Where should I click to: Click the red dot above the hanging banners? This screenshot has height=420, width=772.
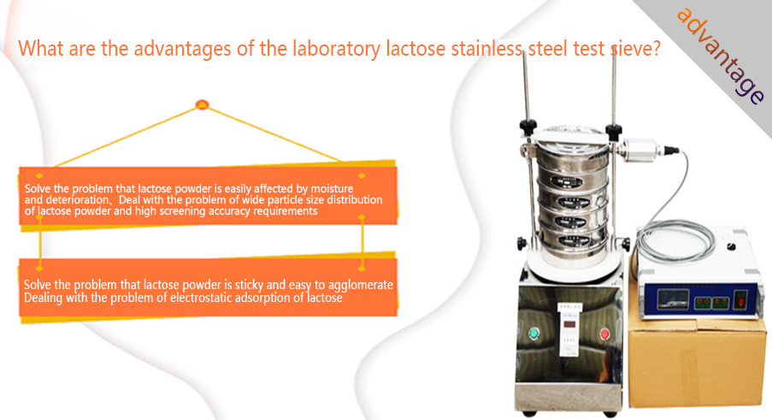pos(202,104)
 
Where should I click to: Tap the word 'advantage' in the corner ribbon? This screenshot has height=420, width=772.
pos(721,55)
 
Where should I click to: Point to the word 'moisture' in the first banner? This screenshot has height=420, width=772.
pos(332,188)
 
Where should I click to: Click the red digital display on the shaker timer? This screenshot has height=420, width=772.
pos(569,324)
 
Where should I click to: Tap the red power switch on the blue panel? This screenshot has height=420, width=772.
pos(740,299)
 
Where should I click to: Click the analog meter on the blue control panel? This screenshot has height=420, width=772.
pos(674,299)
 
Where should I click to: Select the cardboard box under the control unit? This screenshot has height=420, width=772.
pos(697,363)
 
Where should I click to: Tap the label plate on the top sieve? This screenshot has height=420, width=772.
pos(567,181)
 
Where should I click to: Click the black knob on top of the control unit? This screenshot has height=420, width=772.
pos(732,245)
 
